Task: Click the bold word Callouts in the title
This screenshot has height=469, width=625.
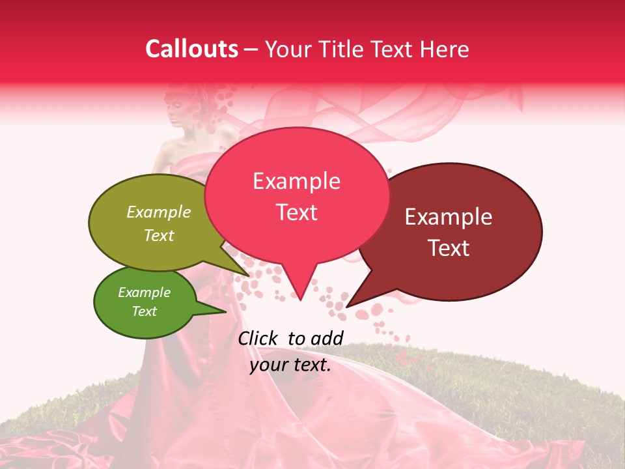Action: pos(191,49)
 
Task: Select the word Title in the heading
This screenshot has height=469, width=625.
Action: pos(338,49)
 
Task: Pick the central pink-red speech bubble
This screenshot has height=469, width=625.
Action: pos(297,195)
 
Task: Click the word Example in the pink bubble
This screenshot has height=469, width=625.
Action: pos(297,181)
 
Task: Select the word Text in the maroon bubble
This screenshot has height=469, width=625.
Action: pos(449,248)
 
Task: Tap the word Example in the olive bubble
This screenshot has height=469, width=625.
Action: pos(159,212)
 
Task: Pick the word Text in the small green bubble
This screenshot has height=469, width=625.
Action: pos(145,311)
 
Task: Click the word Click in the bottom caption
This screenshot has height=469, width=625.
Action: pos(257,338)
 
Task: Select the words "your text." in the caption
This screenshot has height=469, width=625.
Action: pos(290,365)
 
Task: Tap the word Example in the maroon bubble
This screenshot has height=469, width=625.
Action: pos(449,217)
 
